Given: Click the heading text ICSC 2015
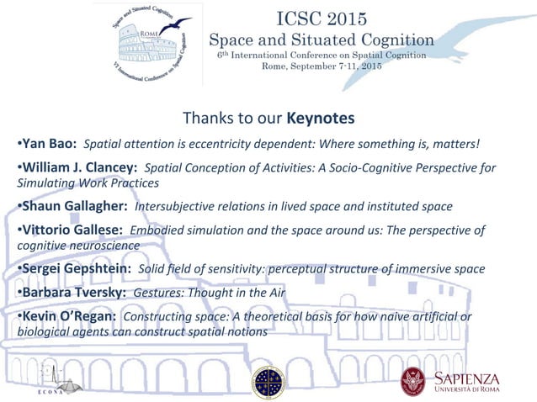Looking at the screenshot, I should point(321,18).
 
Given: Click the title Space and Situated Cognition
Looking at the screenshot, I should point(321,40).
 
